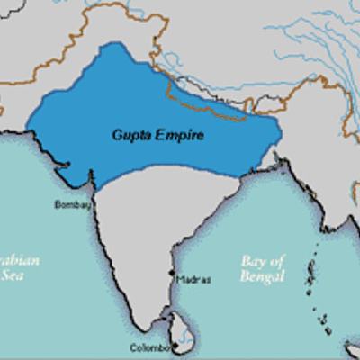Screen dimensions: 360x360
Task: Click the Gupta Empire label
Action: [158, 135]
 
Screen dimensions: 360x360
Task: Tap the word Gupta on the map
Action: [130, 135]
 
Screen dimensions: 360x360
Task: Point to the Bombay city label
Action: [73, 204]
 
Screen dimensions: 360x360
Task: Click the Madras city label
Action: [194, 279]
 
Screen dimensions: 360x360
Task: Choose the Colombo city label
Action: [149, 347]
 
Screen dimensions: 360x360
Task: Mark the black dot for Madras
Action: [171, 273]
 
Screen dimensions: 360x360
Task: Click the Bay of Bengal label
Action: [262, 268]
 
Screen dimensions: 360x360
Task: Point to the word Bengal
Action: [262, 276]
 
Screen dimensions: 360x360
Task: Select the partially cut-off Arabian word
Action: [20, 261]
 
